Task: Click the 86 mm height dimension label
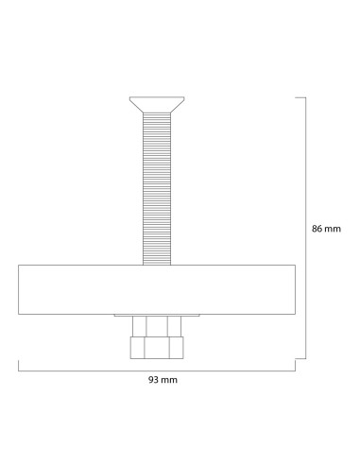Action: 326,229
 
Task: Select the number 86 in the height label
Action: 318,229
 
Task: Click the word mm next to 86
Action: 334,229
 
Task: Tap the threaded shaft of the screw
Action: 157,189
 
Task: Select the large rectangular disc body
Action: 157,290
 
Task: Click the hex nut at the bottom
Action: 157,348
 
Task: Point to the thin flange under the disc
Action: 157,317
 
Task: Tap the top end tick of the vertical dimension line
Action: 300,96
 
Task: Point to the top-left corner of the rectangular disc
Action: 19,266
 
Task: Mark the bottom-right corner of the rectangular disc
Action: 296,315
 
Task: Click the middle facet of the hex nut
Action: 157,348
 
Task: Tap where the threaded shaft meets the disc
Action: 157,266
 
